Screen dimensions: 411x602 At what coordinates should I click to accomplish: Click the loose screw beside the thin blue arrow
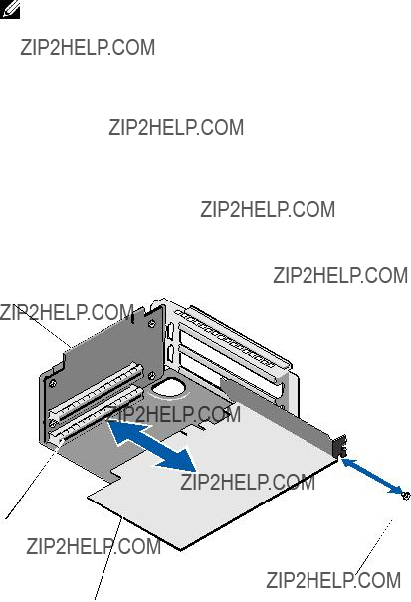[404, 496]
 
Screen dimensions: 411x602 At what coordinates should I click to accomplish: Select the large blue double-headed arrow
[152, 446]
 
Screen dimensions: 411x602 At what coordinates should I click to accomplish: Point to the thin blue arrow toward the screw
[372, 476]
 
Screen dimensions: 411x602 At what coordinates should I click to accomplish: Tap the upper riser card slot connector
[96, 392]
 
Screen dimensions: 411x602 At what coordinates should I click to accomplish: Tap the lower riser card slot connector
[97, 415]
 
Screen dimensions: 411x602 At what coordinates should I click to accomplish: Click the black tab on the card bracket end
[341, 446]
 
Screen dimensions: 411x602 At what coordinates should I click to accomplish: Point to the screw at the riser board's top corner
[152, 325]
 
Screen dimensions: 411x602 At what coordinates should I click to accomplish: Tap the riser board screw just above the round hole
[152, 375]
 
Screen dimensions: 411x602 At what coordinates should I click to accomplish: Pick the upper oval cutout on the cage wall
[171, 331]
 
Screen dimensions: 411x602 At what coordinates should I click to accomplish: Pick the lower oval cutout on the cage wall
[171, 353]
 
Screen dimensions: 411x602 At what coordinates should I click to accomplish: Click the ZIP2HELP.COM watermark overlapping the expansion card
[248, 482]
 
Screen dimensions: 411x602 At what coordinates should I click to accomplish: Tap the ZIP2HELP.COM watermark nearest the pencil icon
[88, 47]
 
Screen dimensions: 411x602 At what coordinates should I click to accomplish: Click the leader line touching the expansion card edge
[108, 559]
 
